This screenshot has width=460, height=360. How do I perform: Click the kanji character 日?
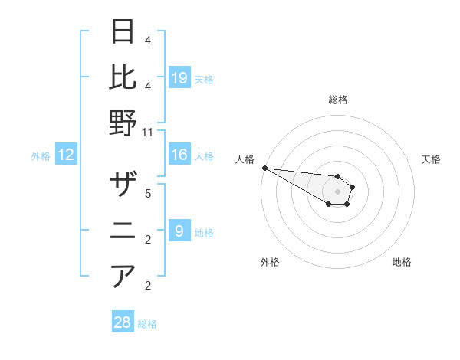[x=123, y=32]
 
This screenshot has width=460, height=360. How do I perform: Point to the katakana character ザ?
[x=123, y=186]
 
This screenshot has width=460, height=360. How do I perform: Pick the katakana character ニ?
[x=123, y=231]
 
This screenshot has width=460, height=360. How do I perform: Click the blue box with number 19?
[x=179, y=77]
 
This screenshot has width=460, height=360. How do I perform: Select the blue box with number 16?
[x=179, y=155]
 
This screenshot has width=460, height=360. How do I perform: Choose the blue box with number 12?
[x=66, y=155]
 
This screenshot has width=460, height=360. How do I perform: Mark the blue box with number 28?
[x=123, y=322]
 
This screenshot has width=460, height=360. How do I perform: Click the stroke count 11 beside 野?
[x=148, y=132]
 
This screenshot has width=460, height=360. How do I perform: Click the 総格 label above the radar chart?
[x=338, y=100]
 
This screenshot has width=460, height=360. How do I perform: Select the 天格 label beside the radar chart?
[x=431, y=159]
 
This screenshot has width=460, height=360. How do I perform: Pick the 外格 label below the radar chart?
[x=270, y=262]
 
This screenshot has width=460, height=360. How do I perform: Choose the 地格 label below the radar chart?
[x=402, y=262]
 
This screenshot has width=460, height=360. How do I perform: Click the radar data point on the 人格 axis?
[x=264, y=168]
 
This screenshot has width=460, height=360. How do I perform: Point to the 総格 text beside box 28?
[x=147, y=324]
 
